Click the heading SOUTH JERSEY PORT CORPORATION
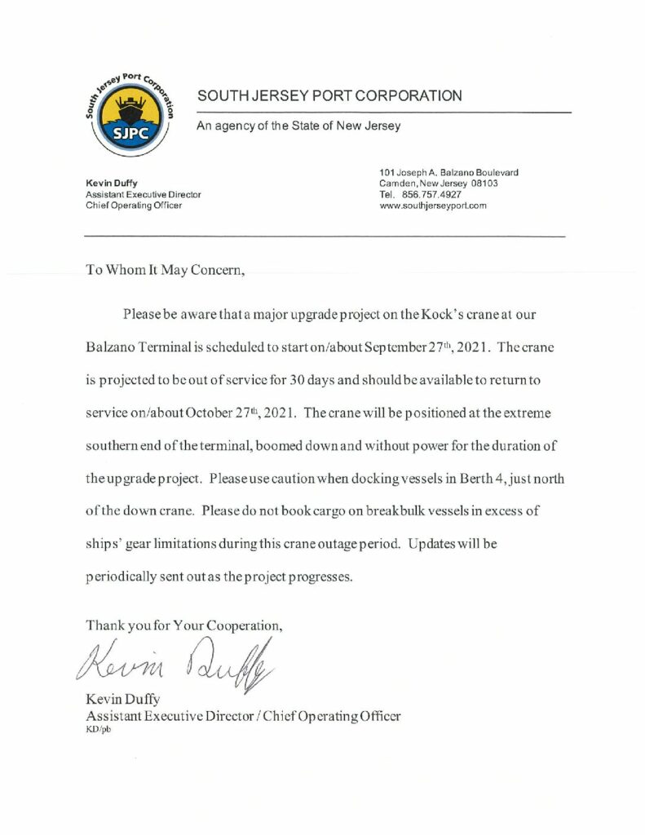(329, 96)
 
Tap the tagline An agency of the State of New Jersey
(298, 126)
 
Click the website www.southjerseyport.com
(433, 205)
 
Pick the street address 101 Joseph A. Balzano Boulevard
(449, 173)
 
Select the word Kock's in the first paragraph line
(442, 313)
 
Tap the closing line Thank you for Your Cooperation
(184, 626)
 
